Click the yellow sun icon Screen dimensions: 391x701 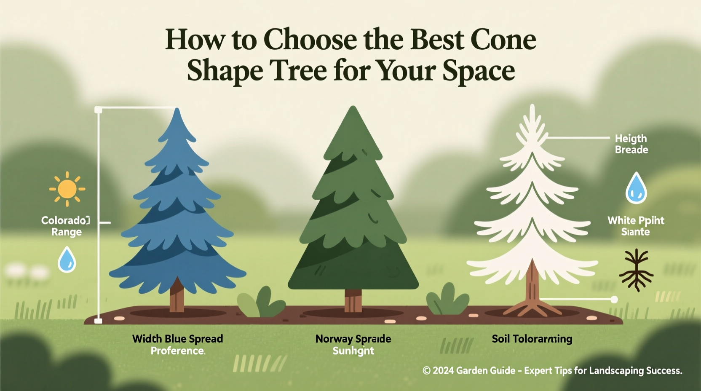click(x=67, y=189)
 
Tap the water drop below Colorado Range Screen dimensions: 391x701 click(x=67, y=260)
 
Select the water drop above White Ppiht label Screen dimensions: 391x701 click(x=636, y=188)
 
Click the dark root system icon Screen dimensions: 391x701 click(x=636, y=270)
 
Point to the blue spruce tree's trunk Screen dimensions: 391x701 click(x=177, y=297)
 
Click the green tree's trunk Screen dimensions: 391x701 click(x=353, y=300)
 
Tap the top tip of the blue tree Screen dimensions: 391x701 click(x=177, y=110)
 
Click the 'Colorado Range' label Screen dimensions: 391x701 click(x=66, y=226)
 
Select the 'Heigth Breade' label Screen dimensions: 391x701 click(x=631, y=144)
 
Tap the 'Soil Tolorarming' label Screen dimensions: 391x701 click(x=532, y=339)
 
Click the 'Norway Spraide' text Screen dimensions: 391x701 click(x=353, y=339)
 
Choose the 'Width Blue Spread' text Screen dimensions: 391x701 click(x=177, y=339)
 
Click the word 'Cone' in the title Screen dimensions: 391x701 click(x=503, y=40)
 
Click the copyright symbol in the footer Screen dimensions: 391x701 click(x=426, y=371)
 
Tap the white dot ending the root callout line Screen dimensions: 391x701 click(x=614, y=300)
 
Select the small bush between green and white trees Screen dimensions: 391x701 click(x=447, y=300)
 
